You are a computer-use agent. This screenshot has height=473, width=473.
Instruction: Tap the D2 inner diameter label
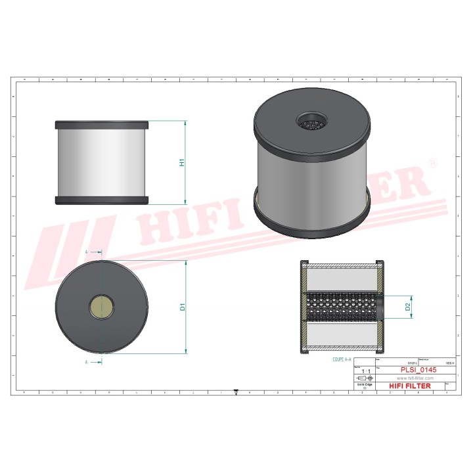pos(407,306)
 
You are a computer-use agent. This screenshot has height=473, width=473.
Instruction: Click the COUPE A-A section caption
pos(342,361)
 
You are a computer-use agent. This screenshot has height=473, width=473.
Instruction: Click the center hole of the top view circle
pos(102,305)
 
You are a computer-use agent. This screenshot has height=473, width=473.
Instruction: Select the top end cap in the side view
pos(102,124)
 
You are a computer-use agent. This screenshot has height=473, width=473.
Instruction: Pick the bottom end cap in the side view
pos(102,200)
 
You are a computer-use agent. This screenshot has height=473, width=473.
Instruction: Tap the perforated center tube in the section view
pos(342,307)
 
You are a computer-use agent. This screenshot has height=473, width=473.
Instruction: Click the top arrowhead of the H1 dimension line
pos(185,123)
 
